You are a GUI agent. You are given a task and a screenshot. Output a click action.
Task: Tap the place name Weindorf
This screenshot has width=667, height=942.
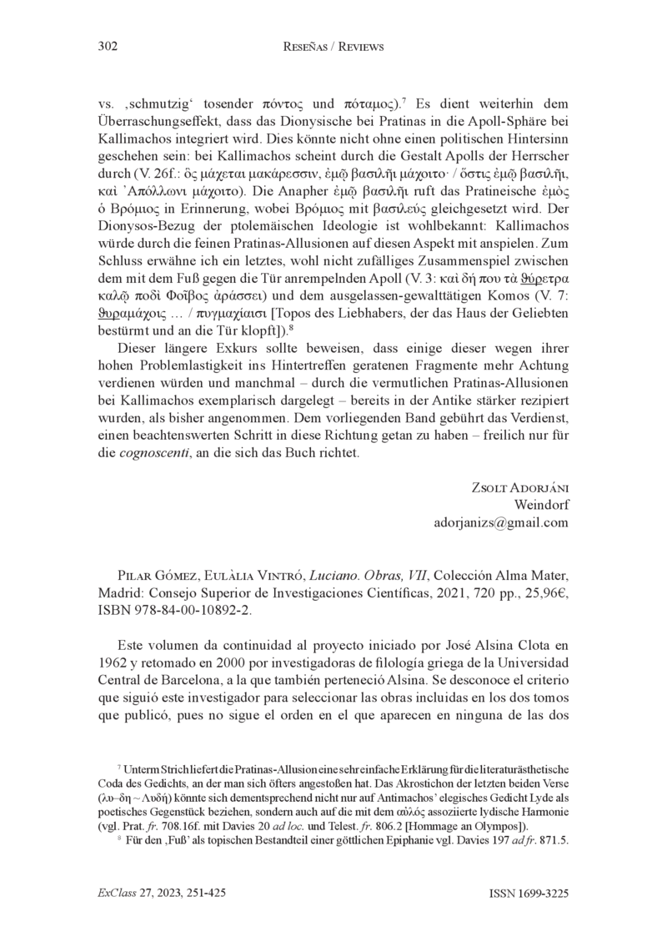(x=541, y=505)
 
